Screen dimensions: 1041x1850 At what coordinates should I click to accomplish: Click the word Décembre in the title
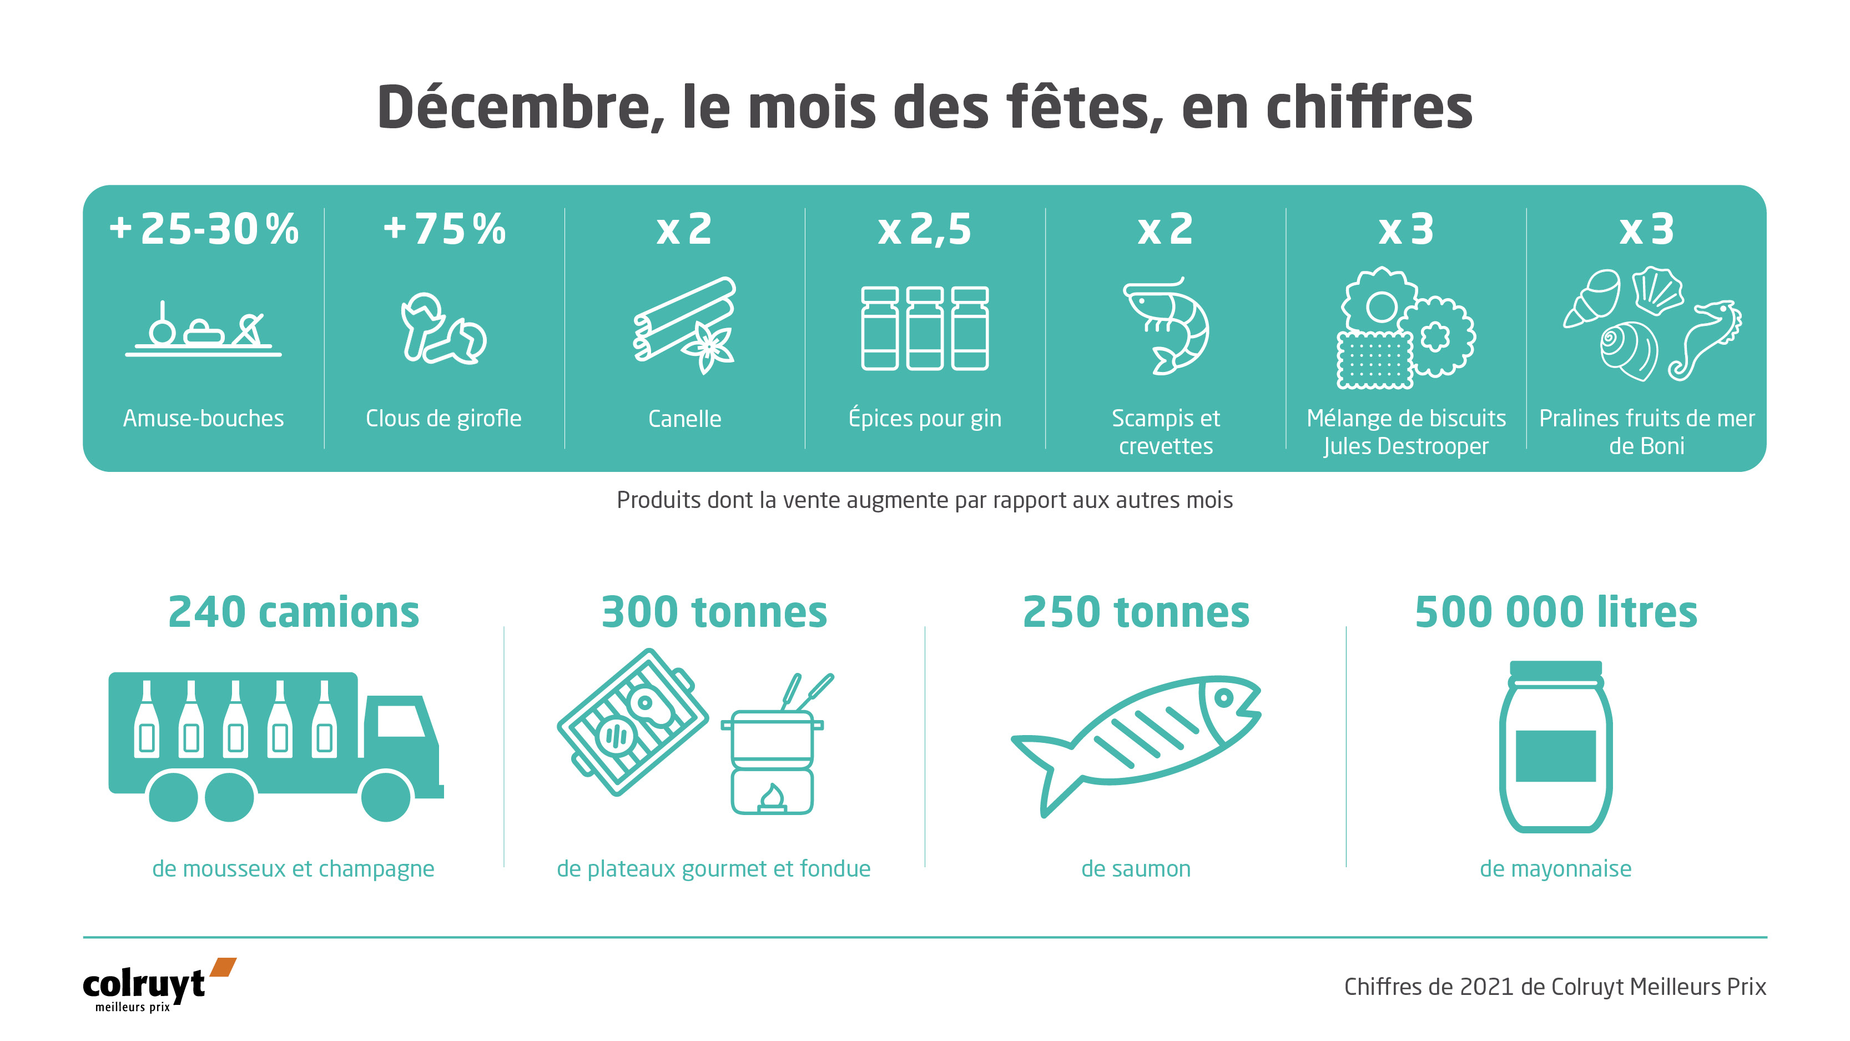[x=513, y=108]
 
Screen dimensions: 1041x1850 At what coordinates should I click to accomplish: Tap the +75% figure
[x=445, y=229]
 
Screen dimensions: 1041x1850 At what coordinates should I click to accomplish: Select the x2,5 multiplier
[x=924, y=230]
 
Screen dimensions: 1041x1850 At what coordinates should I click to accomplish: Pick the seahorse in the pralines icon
[x=1706, y=338]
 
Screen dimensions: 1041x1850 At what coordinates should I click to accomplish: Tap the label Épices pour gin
[x=924, y=418]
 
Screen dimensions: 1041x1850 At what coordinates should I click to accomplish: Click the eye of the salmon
[x=1224, y=697]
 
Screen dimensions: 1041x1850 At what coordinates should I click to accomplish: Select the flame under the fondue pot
[x=772, y=797]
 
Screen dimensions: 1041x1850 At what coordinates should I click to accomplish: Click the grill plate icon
[x=633, y=721]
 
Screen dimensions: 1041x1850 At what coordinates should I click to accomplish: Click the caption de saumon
[x=1136, y=868]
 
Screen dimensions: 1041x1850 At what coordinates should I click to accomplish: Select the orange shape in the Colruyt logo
[x=223, y=967]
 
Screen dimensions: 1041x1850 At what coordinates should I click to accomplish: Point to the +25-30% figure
[x=203, y=229]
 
